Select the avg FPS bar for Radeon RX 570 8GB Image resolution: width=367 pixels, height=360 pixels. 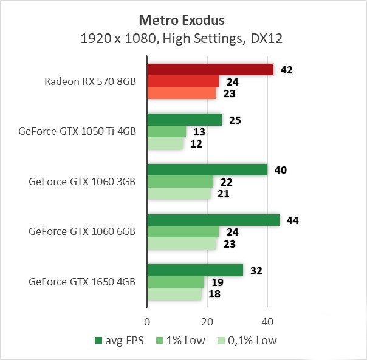[210, 70]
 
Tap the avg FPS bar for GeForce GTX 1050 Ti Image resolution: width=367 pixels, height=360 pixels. [184, 120]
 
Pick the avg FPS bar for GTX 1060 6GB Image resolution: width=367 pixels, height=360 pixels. [213, 220]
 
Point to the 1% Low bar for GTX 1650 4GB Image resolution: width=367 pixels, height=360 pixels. [176, 282]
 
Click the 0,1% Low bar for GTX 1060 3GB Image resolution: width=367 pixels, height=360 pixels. [179, 194]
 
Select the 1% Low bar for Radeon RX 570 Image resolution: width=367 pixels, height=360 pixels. [183, 81]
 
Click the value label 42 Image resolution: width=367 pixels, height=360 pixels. [287, 70]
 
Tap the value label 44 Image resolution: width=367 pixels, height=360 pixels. [292, 220]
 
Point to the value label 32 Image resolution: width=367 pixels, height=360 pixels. [256, 271]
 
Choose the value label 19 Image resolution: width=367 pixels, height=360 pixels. [218, 282]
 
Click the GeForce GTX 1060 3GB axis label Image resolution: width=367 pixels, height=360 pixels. [82, 182]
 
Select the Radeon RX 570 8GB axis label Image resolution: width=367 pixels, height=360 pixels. [90, 81]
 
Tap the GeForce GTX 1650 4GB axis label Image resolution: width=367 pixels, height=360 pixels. [82, 282]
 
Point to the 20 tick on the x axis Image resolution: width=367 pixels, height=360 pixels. [207, 321]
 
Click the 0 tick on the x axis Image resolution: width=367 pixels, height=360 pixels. [147, 321]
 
